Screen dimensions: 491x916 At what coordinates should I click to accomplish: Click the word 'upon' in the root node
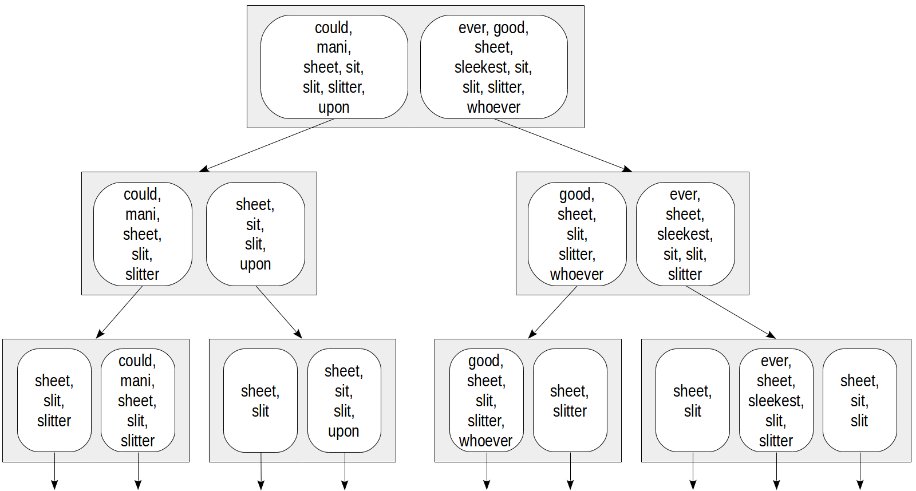click(x=334, y=108)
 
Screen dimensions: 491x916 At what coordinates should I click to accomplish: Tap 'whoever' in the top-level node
click(x=493, y=108)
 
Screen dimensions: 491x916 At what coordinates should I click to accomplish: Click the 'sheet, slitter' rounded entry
click(x=570, y=401)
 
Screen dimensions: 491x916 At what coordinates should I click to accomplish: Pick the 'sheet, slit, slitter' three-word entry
click(x=54, y=401)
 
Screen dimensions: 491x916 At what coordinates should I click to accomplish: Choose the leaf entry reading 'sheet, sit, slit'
click(x=859, y=401)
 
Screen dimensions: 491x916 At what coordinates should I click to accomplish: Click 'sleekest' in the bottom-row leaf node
click(x=776, y=401)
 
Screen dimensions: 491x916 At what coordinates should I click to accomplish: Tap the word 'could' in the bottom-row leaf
click(x=137, y=361)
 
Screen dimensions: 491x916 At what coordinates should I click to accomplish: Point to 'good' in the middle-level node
click(x=577, y=195)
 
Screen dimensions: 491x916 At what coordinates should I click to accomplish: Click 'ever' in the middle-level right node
click(x=685, y=195)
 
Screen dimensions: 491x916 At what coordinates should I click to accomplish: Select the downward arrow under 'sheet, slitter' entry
click(x=570, y=471)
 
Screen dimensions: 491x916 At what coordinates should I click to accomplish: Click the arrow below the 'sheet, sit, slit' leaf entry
click(x=860, y=471)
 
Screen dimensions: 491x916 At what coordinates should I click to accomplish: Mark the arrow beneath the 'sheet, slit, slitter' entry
click(x=54, y=471)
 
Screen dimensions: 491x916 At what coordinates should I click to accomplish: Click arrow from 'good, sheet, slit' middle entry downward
click(x=553, y=312)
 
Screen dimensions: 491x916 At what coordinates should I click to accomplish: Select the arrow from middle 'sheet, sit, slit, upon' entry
click(x=279, y=312)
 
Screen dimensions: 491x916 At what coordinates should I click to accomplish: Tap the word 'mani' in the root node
click(x=334, y=47)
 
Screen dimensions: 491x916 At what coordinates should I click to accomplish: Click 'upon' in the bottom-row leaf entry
click(x=343, y=431)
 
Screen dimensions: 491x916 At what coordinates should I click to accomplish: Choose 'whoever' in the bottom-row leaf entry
click(x=485, y=441)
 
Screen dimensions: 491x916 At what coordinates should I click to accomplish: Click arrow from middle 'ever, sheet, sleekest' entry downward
click(x=731, y=312)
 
